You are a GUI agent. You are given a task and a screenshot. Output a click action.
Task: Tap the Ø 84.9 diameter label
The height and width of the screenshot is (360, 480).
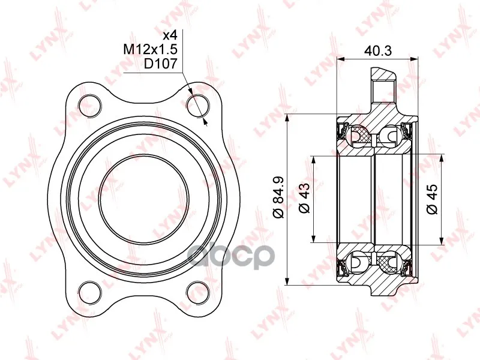coord(279,197)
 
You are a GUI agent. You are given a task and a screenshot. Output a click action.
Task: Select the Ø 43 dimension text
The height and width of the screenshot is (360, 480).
coord(305,198)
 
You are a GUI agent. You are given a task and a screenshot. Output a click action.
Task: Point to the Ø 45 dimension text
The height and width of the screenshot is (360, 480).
coord(432,199)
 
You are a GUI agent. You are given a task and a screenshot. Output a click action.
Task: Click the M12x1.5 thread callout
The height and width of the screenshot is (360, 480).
coord(151,49)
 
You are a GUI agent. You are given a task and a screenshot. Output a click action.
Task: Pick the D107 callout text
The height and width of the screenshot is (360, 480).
coord(161,64)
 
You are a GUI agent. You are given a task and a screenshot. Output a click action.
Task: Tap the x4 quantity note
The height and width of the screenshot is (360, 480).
coord(170,35)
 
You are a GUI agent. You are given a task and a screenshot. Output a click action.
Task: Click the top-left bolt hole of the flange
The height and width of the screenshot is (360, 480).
coord(89,106)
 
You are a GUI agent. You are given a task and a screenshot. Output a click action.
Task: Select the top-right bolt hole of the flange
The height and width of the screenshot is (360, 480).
coord(198,106)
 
